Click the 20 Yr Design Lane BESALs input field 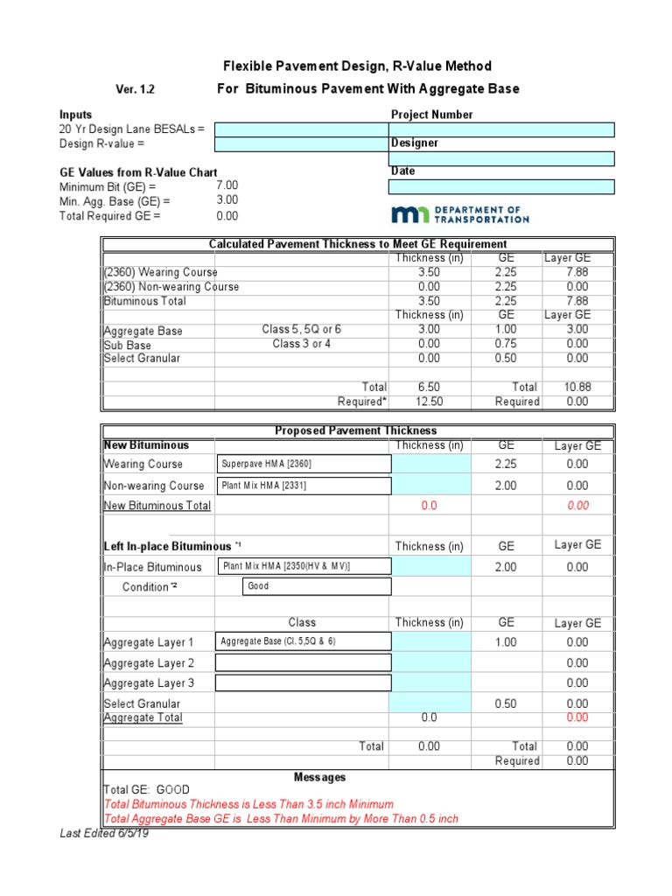[x=302, y=129]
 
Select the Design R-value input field [x=302, y=143]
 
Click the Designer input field [x=501, y=158]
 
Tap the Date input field [x=501, y=186]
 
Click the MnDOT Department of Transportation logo [x=460, y=214]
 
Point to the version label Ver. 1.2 [x=136, y=89]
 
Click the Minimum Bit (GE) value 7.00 [x=227, y=186]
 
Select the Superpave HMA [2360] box [x=303, y=464]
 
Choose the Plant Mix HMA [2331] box [x=303, y=486]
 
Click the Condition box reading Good [x=316, y=586]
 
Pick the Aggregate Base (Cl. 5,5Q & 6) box [x=303, y=641]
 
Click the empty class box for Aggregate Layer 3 [x=303, y=682]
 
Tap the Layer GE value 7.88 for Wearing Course [x=577, y=272]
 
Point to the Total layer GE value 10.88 [x=577, y=387]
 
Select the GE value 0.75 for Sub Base [x=507, y=345]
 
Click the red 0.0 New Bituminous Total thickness [x=429, y=506]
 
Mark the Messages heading [x=319, y=777]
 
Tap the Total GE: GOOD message [x=146, y=789]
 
